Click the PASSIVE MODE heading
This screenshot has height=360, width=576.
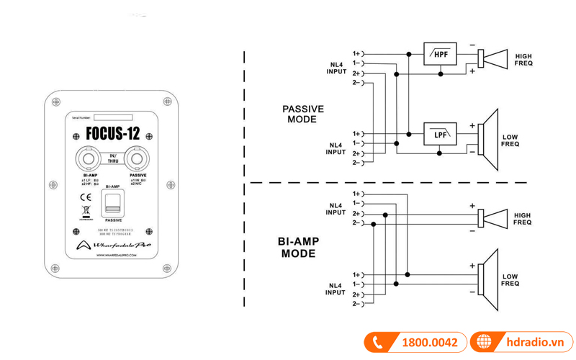point(303,114)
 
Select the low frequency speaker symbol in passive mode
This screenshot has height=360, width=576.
point(491,138)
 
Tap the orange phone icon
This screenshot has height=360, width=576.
point(377,343)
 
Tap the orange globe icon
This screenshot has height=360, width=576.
point(483,343)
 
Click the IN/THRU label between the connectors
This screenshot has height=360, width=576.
point(112,158)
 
